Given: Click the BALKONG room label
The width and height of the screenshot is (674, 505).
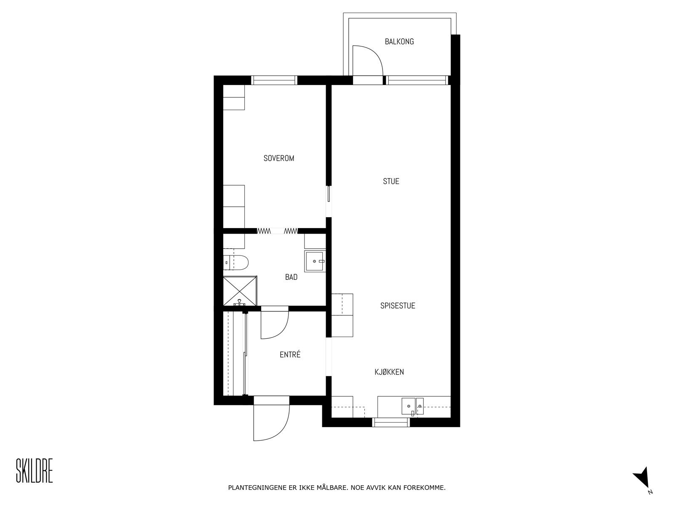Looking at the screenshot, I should (399, 42).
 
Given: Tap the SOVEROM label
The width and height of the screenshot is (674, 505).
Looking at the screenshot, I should (278, 159).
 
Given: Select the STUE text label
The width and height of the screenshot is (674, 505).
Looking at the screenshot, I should (391, 181).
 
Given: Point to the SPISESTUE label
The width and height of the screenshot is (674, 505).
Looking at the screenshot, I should (398, 306).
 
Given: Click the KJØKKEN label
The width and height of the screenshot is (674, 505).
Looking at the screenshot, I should (389, 372).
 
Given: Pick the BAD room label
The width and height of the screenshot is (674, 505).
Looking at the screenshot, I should (291, 277).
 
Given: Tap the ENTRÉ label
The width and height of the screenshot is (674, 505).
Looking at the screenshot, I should (290, 355).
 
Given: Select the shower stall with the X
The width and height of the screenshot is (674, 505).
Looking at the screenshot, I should (239, 291).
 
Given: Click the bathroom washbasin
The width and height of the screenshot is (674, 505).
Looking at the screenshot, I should (315, 261).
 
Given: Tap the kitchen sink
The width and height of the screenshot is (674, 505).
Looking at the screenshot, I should (408, 407).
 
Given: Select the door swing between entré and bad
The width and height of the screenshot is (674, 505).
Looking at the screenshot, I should (274, 324).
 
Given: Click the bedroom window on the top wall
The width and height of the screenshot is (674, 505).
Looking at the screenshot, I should (274, 80).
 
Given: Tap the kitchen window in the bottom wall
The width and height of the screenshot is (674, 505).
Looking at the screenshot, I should (392, 422).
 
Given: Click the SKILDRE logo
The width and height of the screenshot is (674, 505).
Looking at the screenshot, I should (35, 471).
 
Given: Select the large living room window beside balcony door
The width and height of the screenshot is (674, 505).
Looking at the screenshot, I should (417, 80).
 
